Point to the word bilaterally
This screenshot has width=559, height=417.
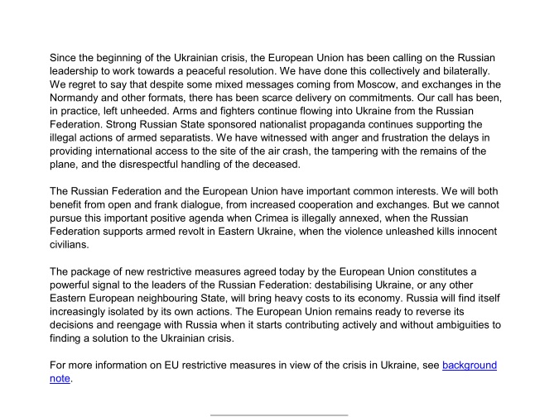pos(475,71)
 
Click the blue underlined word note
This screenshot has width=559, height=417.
pos(60,379)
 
